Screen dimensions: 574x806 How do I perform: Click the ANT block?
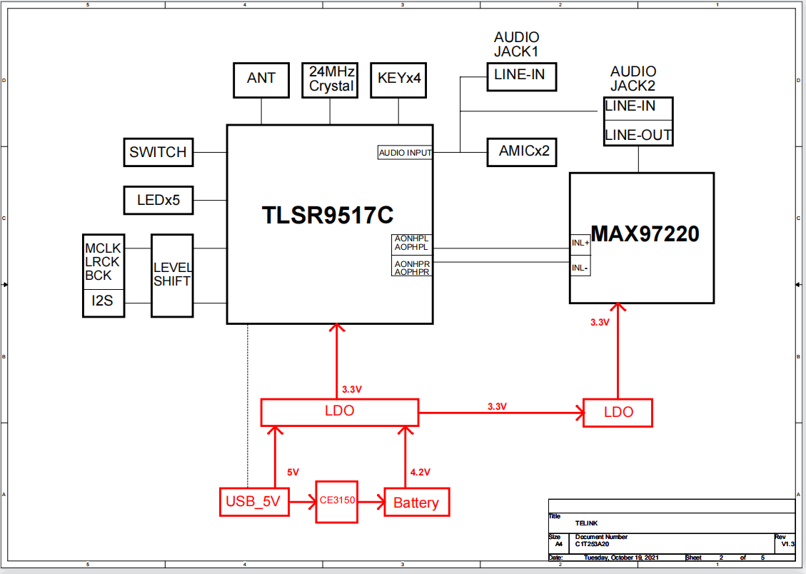pos(261,79)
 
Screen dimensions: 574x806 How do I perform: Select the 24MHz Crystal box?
pos(330,79)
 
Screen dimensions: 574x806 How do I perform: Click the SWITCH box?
pos(158,152)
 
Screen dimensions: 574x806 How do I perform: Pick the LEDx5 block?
pos(158,201)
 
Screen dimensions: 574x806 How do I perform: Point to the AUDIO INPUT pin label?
pos(405,153)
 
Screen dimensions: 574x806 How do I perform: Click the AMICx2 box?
pos(521,152)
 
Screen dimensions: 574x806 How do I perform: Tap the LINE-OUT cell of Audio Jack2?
pos(638,134)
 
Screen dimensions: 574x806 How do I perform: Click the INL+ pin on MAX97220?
pos(580,243)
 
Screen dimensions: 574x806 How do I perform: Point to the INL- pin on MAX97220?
pos(580,268)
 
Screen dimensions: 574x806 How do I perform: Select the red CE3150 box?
pos(337,501)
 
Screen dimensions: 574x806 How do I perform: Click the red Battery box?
pos(416,503)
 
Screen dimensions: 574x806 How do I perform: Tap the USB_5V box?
pos(253,502)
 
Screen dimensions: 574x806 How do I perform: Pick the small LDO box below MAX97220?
pos(618,412)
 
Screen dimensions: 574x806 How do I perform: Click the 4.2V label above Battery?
pos(420,473)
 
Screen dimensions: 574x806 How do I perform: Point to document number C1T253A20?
pos(592,544)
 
